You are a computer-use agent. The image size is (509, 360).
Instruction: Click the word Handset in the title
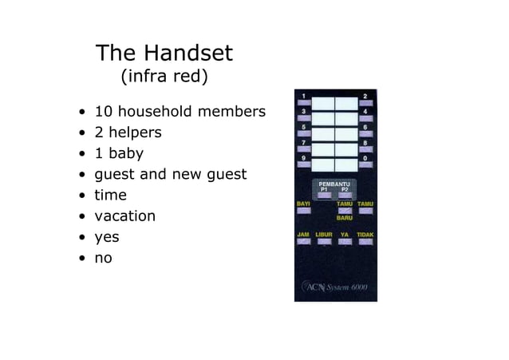[x=188, y=53]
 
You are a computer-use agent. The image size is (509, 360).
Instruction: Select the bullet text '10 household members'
[x=180, y=112]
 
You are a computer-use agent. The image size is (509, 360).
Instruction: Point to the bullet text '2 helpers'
[x=128, y=133]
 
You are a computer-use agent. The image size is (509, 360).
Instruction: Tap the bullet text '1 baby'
[x=119, y=153]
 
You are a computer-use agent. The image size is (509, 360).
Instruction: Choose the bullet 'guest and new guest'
[x=171, y=174]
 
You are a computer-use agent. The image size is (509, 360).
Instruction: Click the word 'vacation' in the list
[x=125, y=216]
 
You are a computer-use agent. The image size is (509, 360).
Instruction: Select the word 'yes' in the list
[x=107, y=237]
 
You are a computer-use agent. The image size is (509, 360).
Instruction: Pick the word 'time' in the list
[x=110, y=195]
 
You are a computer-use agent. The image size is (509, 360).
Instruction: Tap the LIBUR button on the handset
[x=324, y=241]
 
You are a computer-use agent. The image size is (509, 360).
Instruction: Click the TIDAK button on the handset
[x=365, y=241]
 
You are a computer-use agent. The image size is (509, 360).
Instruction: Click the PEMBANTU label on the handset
[x=334, y=184]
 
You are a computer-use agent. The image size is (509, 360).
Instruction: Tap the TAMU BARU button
[x=345, y=211]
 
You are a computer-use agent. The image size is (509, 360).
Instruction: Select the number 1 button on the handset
[x=303, y=103]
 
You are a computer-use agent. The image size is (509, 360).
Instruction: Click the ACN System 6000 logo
[x=335, y=287]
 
